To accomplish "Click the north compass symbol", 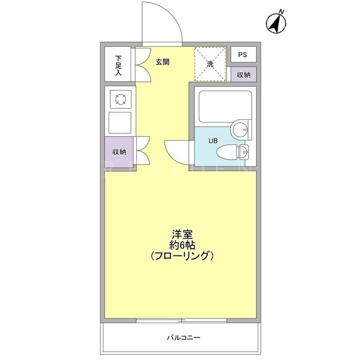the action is pos(276,22).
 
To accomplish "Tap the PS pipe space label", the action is pos(242,55).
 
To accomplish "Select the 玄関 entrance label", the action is pos(163,62).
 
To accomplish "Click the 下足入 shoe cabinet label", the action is pos(118,66).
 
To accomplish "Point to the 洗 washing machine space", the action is pos(210,64).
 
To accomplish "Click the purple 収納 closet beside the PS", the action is pos(244,74).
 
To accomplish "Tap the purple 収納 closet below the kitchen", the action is pos(119,152).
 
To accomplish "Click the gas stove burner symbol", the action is pos(121,100).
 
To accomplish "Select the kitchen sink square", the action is pos(120,123).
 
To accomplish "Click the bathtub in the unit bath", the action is pos(225,107).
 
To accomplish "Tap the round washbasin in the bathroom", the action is pos(240,129).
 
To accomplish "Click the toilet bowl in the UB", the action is pos(227,152).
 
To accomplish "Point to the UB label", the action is pos(213,141).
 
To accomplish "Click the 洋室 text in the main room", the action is pos(182,235).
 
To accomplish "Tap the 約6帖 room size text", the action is pos(182,245).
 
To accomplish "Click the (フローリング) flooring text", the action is pos(182,256).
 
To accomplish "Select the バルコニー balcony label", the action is pos(183,337).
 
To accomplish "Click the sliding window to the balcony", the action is pos(182,321).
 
